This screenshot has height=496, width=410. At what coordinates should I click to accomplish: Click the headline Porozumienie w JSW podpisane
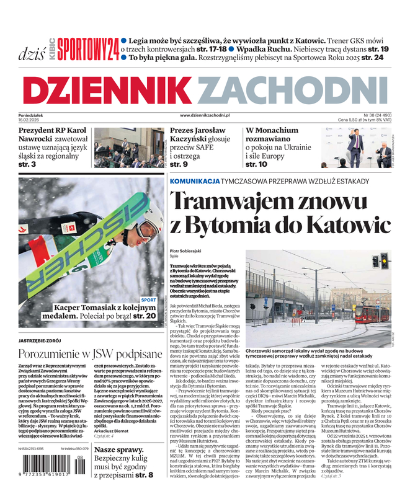(x=90, y=355)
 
